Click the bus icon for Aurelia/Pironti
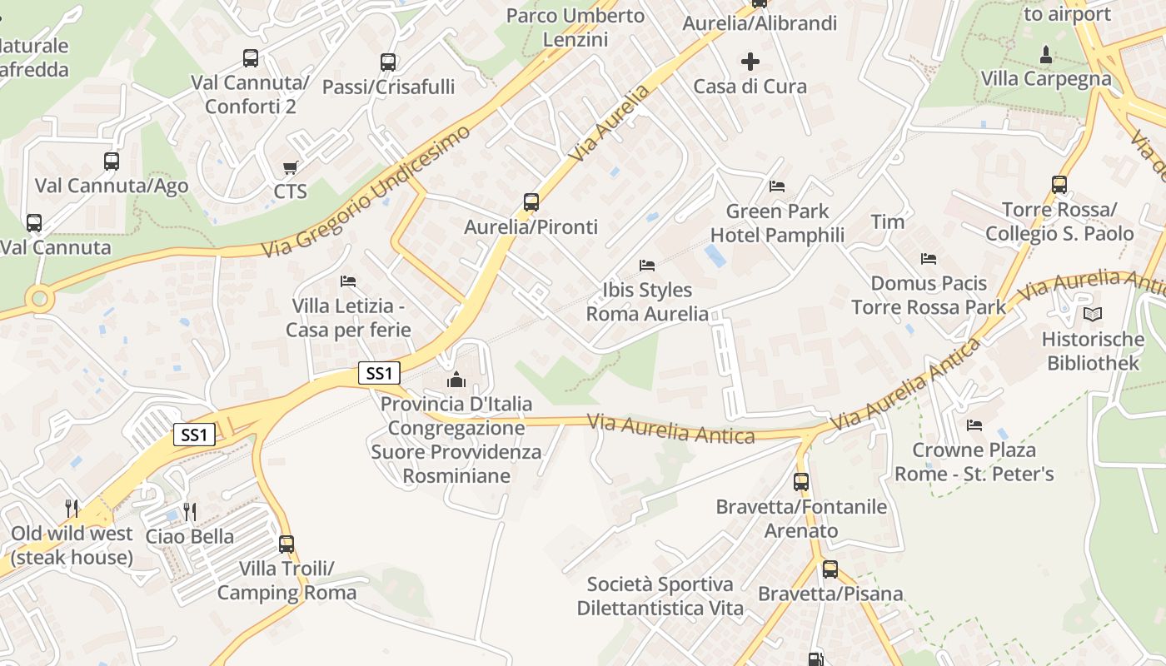coord(531,201)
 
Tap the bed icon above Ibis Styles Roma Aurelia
coord(647,266)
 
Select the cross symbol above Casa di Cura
coord(750,61)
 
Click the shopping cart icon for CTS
coord(290,168)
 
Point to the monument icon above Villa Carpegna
coord(1046,55)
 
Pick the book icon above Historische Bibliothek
coord(1093,315)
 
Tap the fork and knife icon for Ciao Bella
coord(190,511)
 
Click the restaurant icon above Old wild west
coord(72,508)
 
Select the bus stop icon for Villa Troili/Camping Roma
coord(287,544)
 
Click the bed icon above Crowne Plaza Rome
coord(974,425)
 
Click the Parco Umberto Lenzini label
coord(576,27)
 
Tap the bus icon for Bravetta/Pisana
coord(830,569)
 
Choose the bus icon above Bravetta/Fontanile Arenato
coord(801,481)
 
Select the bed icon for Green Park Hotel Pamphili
coord(777,186)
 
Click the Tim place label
coord(888,221)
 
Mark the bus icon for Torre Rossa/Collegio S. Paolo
coord(1059,185)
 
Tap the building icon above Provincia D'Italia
coord(456,380)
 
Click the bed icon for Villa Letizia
coord(348,281)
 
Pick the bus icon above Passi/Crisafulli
coord(388,62)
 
